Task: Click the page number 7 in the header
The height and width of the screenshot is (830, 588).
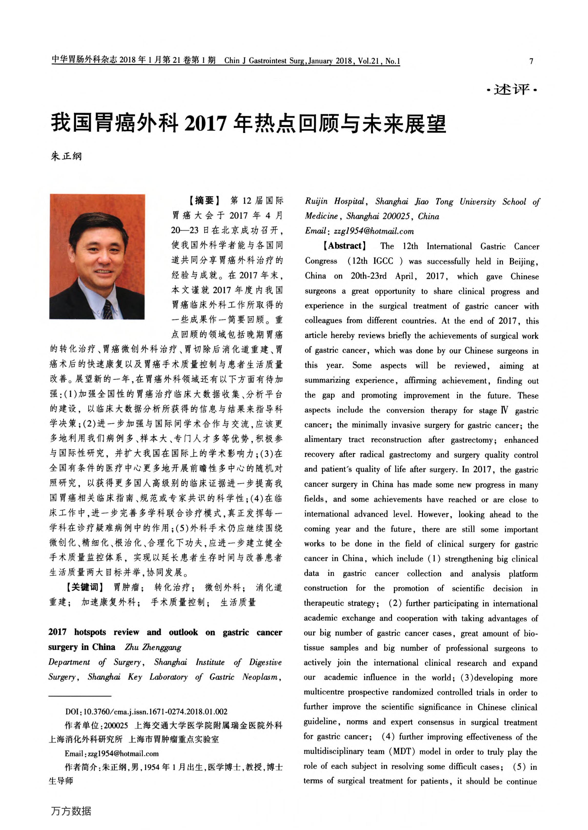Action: pyautogui.click(x=531, y=61)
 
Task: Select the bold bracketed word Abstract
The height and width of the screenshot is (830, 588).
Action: pyautogui.click(x=344, y=246)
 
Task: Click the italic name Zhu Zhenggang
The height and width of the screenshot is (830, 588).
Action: pyautogui.click(x=153, y=647)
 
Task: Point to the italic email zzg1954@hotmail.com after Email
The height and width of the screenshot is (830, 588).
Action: pyautogui.click(x=374, y=231)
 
